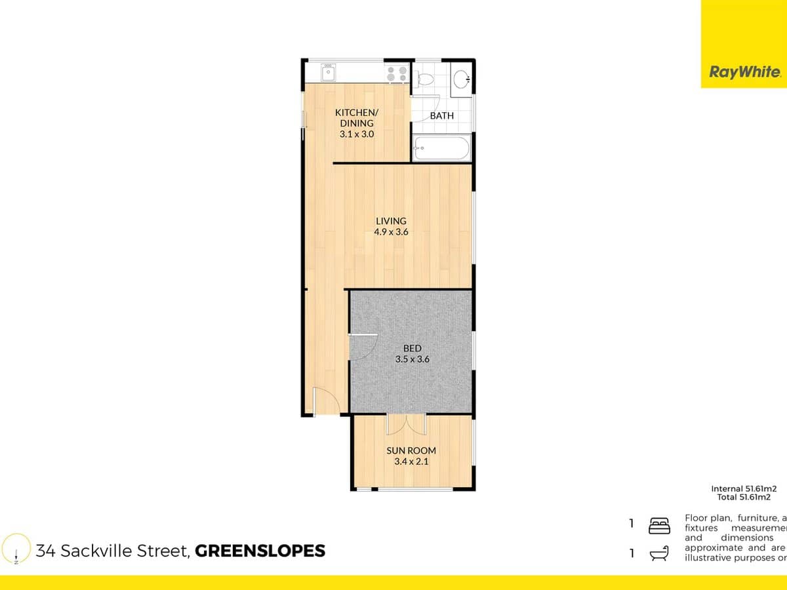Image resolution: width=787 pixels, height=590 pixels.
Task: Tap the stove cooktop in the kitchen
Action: point(396,73)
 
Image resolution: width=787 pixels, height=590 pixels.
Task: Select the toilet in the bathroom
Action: point(426,78)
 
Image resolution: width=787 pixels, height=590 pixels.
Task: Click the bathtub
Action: point(441,148)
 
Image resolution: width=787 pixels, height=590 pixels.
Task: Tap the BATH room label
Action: point(441,116)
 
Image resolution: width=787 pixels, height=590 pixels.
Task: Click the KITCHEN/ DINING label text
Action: point(356,117)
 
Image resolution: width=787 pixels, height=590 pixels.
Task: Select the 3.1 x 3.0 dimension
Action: point(356,134)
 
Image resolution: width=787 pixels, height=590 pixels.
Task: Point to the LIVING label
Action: point(391,221)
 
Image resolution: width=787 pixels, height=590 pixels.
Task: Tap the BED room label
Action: point(412,348)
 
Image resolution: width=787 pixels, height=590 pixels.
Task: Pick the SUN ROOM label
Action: point(412,450)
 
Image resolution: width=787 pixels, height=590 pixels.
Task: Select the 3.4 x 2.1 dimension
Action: point(412,462)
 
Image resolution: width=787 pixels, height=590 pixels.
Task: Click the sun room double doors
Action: point(407,424)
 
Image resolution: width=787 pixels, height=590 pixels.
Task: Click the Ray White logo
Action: point(744,72)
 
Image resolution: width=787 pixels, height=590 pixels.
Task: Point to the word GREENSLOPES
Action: point(260,551)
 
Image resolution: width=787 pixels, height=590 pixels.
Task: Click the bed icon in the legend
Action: point(658,525)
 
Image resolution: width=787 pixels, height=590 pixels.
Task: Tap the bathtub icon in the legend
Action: point(658,555)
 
